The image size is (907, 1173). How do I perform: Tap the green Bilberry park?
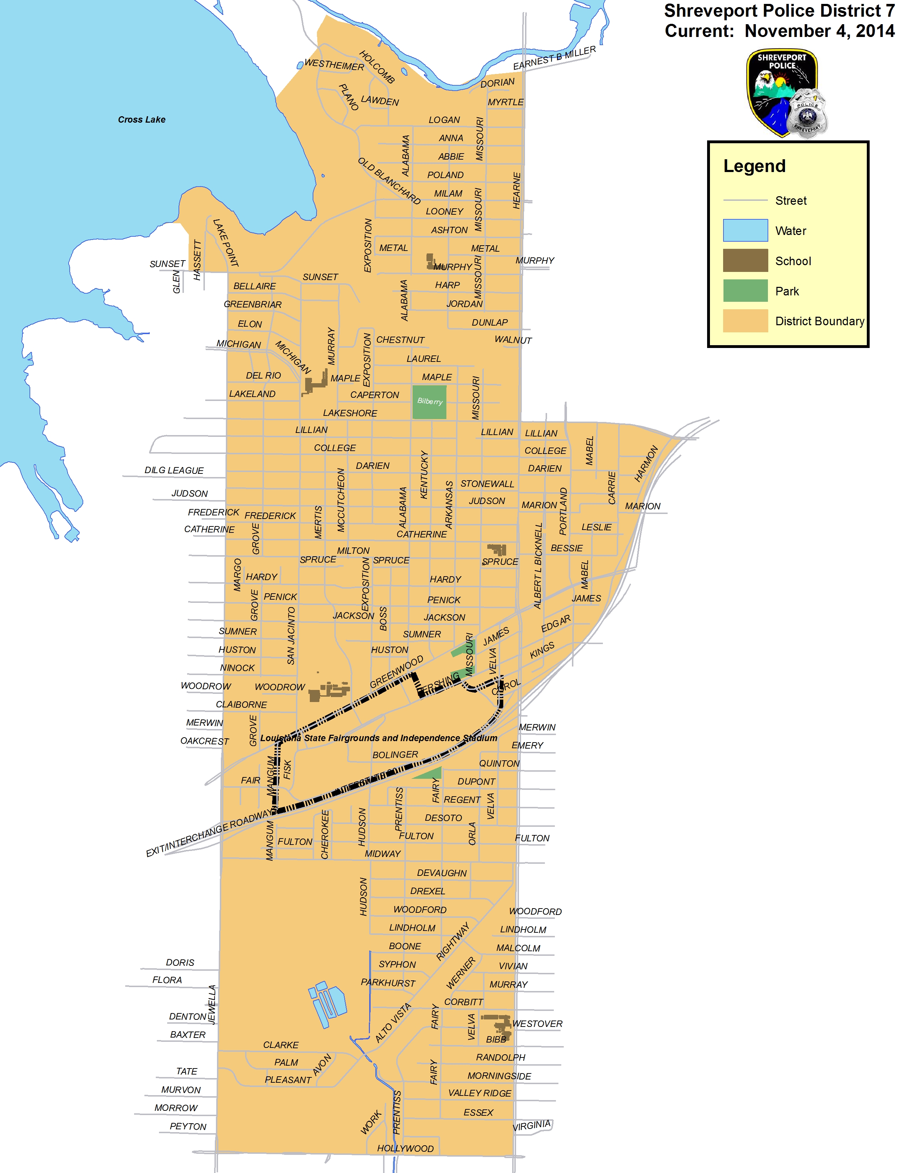click(429, 402)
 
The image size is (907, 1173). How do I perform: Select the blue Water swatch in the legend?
click(745, 230)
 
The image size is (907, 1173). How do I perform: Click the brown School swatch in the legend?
click(745, 261)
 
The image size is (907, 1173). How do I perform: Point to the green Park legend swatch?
click(745, 290)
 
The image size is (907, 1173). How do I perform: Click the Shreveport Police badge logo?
click(786, 93)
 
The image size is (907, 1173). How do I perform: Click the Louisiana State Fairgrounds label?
click(378, 738)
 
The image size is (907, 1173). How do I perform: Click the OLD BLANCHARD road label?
click(389, 181)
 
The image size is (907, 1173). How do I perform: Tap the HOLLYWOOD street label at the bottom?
click(405, 1148)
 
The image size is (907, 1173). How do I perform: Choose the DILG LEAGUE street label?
click(174, 471)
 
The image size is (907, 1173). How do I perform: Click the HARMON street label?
click(646, 463)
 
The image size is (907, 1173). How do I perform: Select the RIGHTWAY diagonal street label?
click(452, 941)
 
